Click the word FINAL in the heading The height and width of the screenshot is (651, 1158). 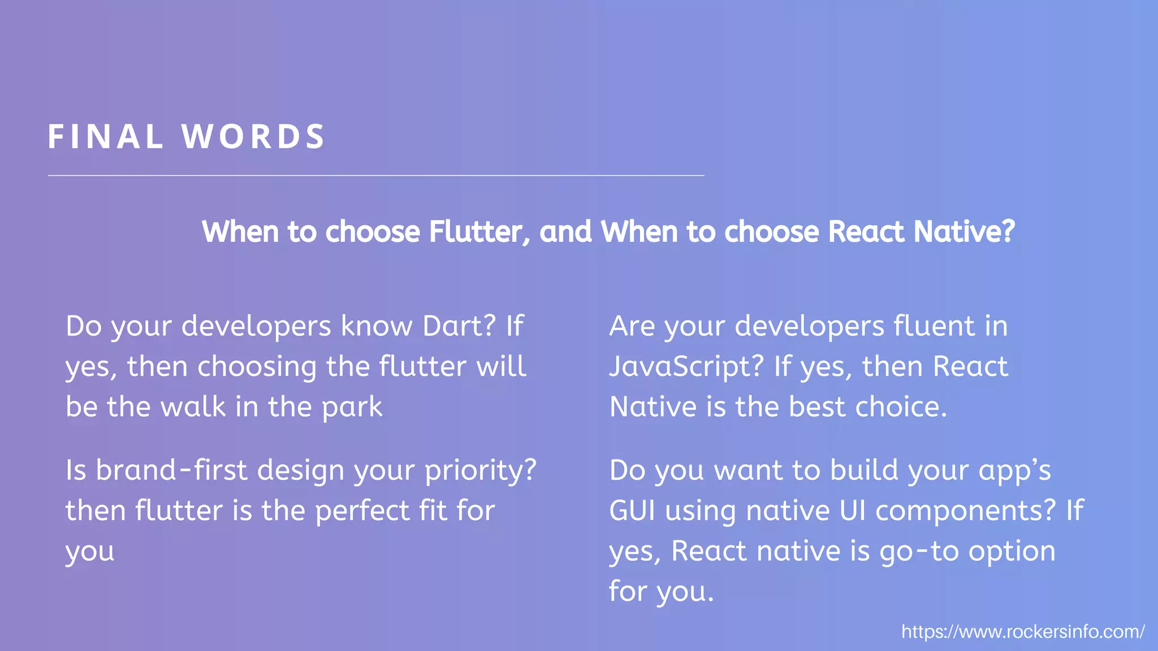[106, 137]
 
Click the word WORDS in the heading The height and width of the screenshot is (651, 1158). [253, 137]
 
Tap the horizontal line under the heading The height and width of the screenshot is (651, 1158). [375, 175]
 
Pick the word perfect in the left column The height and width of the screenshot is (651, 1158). [362, 511]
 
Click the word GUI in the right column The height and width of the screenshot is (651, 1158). [632, 511]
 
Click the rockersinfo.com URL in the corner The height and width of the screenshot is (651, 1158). [1023, 631]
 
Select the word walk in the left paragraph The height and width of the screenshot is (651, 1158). [193, 407]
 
